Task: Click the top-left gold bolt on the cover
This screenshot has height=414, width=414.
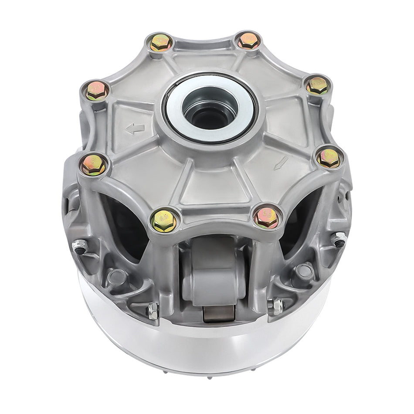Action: coord(161,42)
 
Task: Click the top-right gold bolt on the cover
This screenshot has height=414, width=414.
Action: coord(249,41)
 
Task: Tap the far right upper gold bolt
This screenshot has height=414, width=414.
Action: coord(318,86)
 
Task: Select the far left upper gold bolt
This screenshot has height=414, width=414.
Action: coord(97,90)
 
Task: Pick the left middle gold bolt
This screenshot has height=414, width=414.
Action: coord(94,165)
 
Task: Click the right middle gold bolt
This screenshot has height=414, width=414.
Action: coord(328,158)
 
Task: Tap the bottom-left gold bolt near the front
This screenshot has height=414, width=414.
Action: coord(164,221)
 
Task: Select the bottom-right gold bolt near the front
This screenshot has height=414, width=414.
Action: coord(266,217)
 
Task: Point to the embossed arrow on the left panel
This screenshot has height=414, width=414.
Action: coord(135,129)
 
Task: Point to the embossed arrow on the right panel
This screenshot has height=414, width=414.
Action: coord(281,163)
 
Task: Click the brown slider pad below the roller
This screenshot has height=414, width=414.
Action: coord(219,313)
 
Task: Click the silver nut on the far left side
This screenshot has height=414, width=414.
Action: coord(80,247)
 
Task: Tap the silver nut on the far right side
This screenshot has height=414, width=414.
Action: coord(339,239)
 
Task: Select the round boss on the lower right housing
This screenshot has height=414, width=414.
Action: coord(304,271)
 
